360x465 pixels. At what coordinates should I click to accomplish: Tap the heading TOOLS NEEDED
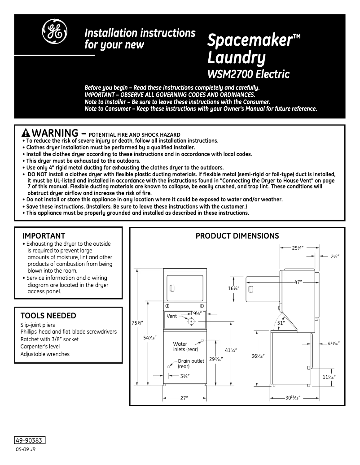pyautogui.click(x=48, y=316)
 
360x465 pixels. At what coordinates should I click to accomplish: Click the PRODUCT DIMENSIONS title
pyautogui.click(x=237, y=236)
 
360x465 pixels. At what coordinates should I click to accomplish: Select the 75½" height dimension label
pyautogui.click(x=137, y=323)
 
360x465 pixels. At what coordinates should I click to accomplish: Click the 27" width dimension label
pyautogui.click(x=184, y=398)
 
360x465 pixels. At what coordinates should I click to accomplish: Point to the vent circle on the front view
pyautogui.click(x=191, y=321)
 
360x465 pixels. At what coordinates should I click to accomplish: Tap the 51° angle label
pyautogui.click(x=281, y=322)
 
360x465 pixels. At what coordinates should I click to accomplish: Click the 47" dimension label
pyautogui.click(x=298, y=282)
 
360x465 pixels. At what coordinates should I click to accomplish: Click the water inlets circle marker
pyautogui.click(x=202, y=341)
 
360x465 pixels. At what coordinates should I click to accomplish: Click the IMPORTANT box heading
pyautogui.click(x=44, y=236)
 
